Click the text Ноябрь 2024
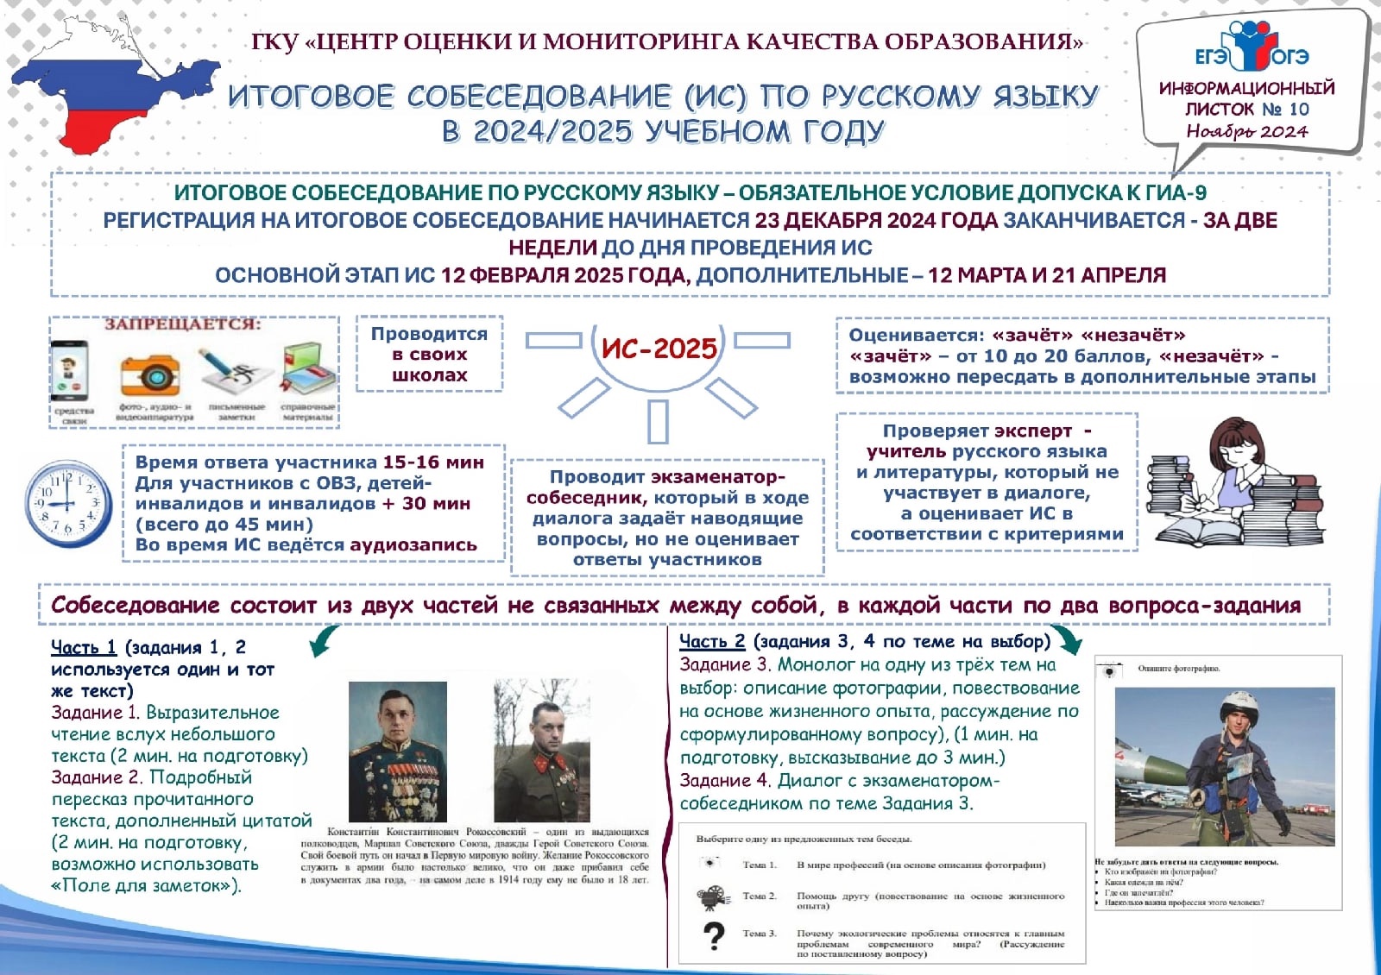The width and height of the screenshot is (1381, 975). coord(1246,131)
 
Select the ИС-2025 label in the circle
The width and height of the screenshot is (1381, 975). coord(659,348)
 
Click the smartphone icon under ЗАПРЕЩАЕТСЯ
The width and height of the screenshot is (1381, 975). coord(70,371)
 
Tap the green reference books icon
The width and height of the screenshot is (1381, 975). coord(307,369)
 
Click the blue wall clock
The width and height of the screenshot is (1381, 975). coord(68,504)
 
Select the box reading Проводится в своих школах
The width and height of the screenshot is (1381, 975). coord(429,354)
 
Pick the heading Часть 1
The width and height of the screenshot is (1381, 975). coord(84,647)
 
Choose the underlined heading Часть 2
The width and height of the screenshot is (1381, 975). coord(711,641)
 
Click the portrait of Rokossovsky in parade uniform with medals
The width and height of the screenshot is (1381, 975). coord(398,751)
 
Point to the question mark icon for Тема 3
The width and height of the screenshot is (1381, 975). coord(714,936)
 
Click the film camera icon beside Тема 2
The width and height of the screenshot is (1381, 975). coord(714,897)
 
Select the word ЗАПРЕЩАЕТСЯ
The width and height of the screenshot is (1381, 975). coord(182,324)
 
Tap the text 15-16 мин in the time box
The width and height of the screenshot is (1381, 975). coord(433,462)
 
